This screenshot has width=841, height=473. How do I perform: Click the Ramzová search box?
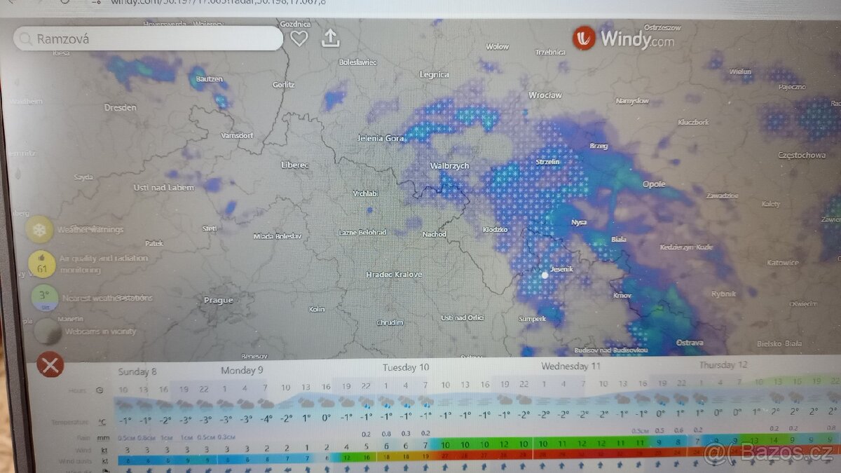coord(147,39)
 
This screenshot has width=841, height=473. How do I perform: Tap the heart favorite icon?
coord(299,39)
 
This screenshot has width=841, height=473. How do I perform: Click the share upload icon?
coord(330,38)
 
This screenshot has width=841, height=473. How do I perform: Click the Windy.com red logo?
coord(583,38)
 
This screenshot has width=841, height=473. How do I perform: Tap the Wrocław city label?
coord(545,95)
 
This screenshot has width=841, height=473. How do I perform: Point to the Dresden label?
coord(121,108)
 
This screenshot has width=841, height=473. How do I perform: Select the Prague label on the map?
coord(218,300)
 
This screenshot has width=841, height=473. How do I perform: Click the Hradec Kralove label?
coord(394,275)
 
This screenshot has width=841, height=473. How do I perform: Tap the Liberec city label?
coord(294,165)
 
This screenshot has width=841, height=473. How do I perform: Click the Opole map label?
coord(654,184)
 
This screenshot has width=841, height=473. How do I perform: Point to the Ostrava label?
coord(690,343)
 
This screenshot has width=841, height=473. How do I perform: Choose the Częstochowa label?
coord(802,156)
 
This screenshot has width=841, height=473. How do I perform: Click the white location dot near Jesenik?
coord(545,275)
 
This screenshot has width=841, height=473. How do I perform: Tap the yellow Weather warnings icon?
coord(40,229)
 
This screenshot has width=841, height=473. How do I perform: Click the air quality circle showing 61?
coord(42,263)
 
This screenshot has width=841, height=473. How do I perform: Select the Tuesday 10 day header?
coord(406,367)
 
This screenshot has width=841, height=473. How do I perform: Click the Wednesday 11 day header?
coord(570,366)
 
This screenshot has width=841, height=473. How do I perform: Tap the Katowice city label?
coord(782,263)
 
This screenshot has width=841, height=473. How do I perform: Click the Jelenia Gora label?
coord(381,139)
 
